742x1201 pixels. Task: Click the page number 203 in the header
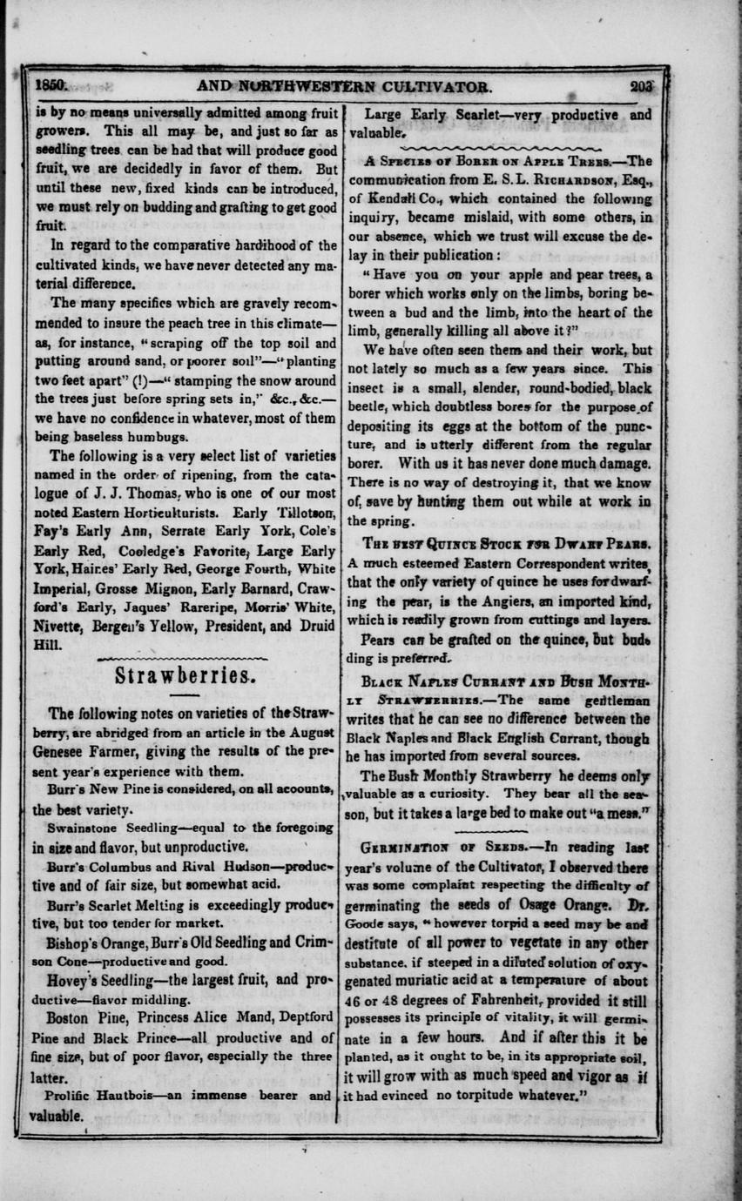[644, 86]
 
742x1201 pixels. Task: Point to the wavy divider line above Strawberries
[183, 657]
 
